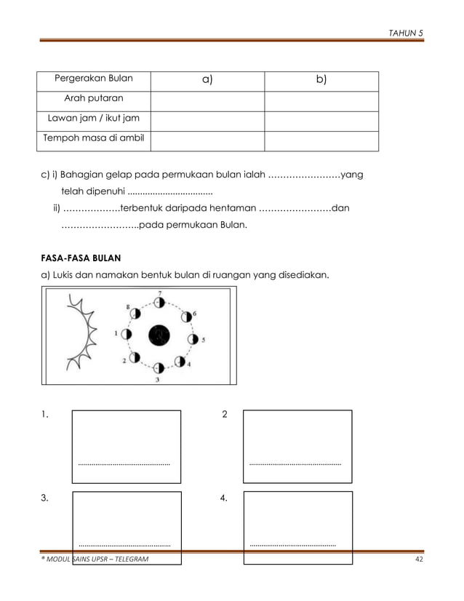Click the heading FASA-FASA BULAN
pyautogui.click(x=80, y=258)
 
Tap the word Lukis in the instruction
pyautogui.click(x=61, y=276)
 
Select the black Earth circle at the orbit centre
pyautogui.click(x=159, y=335)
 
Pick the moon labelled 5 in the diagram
pyautogui.click(x=193, y=339)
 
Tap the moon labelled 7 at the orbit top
pyautogui.click(x=161, y=302)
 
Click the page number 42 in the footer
pyautogui.click(x=418, y=558)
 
